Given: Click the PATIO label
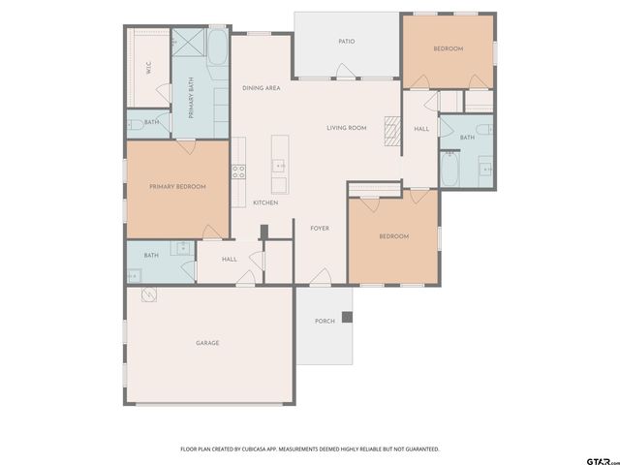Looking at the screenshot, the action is click(347, 41).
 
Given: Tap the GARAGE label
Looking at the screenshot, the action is click(207, 343).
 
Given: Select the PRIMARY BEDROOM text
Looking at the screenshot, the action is click(177, 186).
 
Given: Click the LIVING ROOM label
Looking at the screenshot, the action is click(347, 128).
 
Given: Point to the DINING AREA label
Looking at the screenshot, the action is click(262, 88).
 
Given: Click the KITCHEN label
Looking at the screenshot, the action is click(265, 202).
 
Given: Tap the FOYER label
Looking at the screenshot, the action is click(320, 229).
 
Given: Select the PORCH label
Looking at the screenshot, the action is click(325, 321).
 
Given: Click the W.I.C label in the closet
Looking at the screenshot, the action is click(148, 68).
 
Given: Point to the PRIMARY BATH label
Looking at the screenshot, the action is click(192, 98).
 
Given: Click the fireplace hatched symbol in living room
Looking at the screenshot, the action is click(392, 131).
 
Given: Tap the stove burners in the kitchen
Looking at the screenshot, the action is click(238, 171).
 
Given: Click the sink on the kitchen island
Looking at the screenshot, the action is click(279, 166).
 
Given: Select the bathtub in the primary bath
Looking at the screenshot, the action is click(217, 47).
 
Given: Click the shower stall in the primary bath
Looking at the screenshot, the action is click(189, 42).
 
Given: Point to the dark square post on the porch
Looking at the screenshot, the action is click(347, 317).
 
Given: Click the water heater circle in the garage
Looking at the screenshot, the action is click(149, 294).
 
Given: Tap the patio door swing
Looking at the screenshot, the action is click(346, 71).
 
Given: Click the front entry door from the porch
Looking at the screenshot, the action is click(321, 276).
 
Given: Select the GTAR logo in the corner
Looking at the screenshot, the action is click(603, 461).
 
